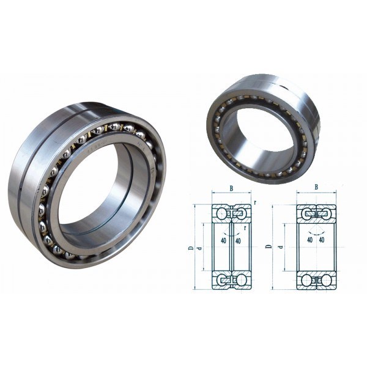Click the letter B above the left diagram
point(231,188)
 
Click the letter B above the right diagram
point(316,188)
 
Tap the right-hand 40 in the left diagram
point(239,240)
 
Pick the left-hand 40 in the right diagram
point(310,240)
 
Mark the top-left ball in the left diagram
point(220,213)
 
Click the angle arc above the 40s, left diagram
point(231,233)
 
